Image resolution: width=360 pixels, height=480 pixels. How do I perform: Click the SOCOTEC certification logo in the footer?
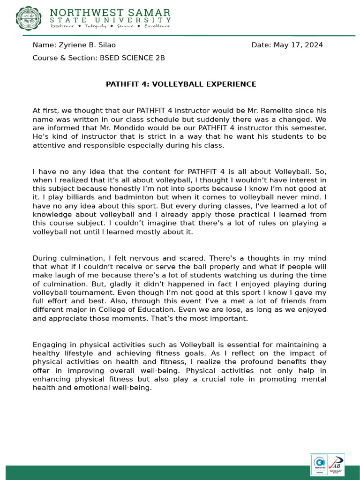point(319,465)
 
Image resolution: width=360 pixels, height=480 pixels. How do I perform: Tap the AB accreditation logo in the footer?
point(336,465)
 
